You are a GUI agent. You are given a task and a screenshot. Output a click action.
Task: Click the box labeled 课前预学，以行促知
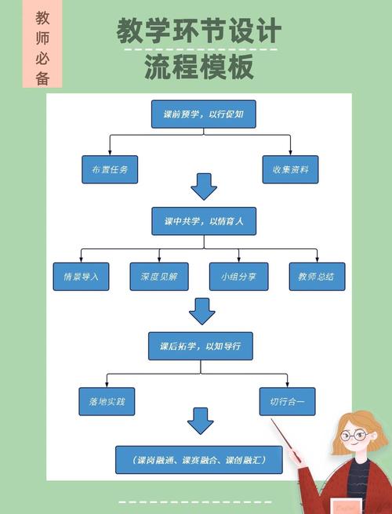tap(204, 114)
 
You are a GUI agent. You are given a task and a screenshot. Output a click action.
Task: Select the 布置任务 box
tap(110, 169)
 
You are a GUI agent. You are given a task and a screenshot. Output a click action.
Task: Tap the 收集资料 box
tap(290, 169)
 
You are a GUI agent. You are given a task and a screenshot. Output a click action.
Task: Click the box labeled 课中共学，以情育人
tap(204, 222)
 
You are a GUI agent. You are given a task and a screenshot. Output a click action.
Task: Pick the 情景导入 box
tap(81, 277)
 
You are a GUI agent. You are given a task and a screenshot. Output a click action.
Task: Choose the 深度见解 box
tap(159, 277)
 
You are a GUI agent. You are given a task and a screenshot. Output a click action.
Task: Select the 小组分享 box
tap(238, 277)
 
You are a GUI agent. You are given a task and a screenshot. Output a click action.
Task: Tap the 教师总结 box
tap(317, 277)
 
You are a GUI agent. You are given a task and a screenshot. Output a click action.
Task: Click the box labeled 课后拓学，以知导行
tap(201, 346)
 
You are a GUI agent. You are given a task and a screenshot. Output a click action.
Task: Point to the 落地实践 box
tap(107, 401)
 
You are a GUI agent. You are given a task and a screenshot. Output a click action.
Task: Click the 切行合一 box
tap(287, 401)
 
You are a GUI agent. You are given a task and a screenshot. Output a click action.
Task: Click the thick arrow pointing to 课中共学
tap(204, 187)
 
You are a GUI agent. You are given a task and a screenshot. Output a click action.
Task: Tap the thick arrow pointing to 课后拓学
tap(202, 311)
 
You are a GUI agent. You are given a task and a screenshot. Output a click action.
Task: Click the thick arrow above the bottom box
tap(200, 421)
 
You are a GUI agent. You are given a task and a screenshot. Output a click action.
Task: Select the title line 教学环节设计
tap(199, 31)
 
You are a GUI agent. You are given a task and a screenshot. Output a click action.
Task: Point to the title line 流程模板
tap(199, 68)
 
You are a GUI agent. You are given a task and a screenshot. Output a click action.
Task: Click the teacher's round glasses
tap(354, 435)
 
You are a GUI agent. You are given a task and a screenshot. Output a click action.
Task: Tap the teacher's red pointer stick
tap(286, 439)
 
